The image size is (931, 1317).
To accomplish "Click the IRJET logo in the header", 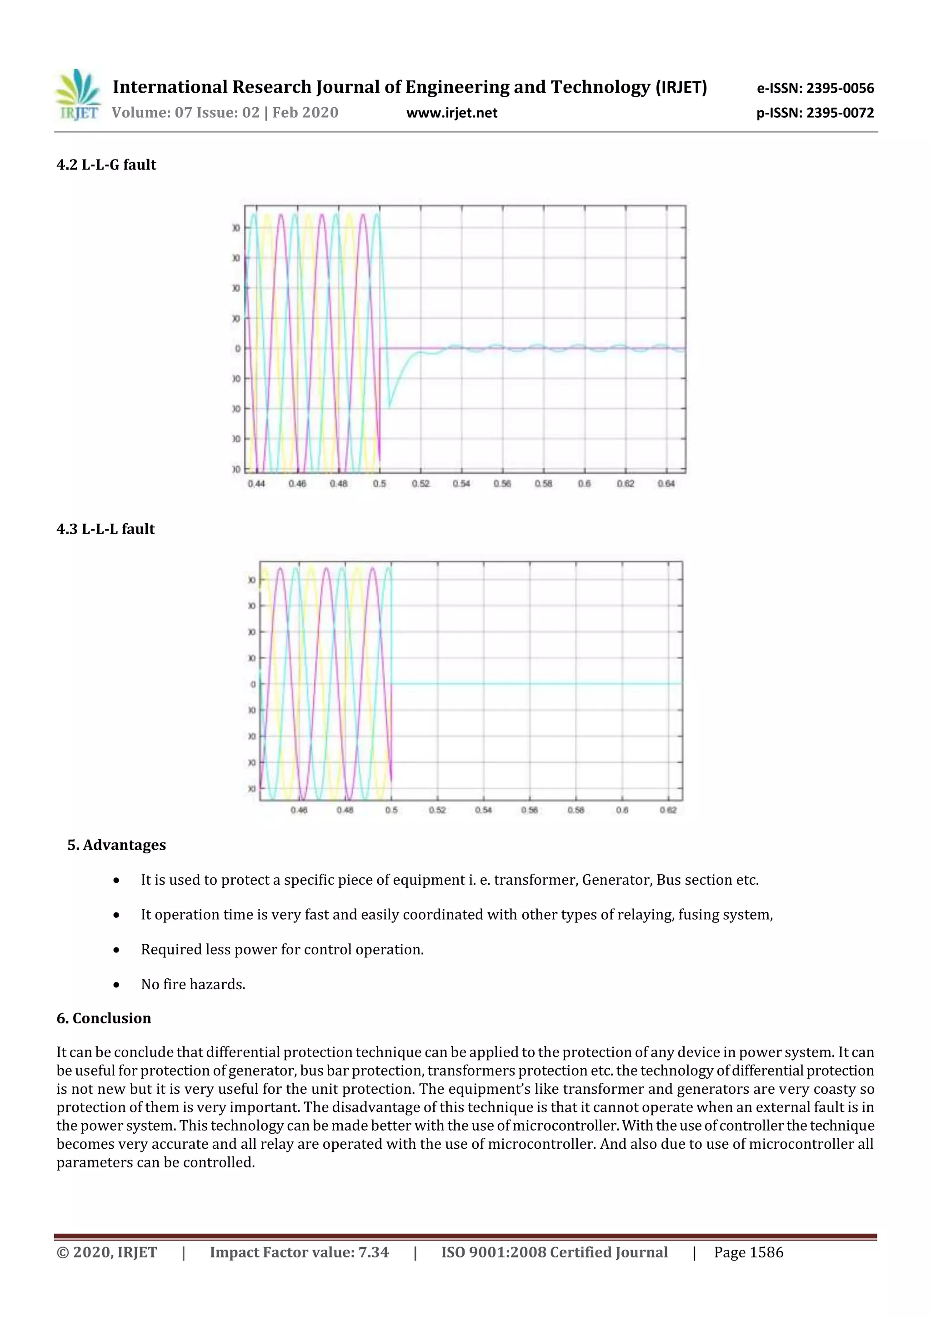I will point(77,95).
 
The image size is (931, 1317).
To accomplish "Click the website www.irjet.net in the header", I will point(451,113).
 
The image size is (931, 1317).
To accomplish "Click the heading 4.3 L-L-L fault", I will point(105,529).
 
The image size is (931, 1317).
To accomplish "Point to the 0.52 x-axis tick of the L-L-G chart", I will point(420,484).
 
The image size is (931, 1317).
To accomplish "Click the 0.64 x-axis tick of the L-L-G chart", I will point(666,484).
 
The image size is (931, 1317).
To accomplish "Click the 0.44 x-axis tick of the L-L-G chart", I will point(256,484).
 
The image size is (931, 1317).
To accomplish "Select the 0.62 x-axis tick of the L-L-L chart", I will point(668,810).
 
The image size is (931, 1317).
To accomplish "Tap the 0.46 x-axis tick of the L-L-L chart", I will point(298,810).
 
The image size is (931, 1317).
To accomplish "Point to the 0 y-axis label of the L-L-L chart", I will point(253,684).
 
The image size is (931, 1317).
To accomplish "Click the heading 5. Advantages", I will point(116,845).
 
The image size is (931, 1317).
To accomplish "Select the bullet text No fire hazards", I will point(193,984).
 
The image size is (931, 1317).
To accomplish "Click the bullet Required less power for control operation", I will point(282,949).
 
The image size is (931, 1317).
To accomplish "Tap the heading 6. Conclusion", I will point(104,1018).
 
